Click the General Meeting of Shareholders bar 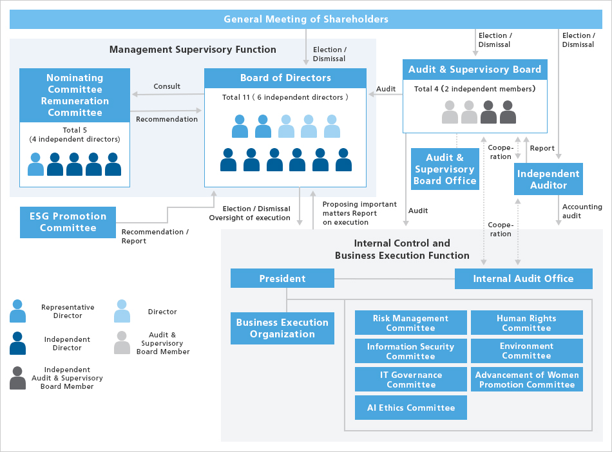click(x=306, y=19)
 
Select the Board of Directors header click(x=285, y=78)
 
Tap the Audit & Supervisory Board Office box click(x=445, y=169)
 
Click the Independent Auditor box click(x=548, y=179)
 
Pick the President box click(x=282, y=278)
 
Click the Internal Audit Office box click(x=523, y=278)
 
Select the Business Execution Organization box click(x=282, y=328)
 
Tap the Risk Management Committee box click(x=410, y=323)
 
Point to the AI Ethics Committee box click(x=410, y=408)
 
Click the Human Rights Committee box click(x=526, y=323)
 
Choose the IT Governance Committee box click(x=410, y=379)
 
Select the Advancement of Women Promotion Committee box click(x=526, y=379)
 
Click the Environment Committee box click(x=526, y=351)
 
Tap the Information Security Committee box click(x=410, y=351)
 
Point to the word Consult click(x=167, y=86)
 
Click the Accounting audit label click(x=582, y=211)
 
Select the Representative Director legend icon click(x=18, y=311)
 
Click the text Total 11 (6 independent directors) click(x=285, y=97)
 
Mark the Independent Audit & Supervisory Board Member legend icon click(x=18, y=378)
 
